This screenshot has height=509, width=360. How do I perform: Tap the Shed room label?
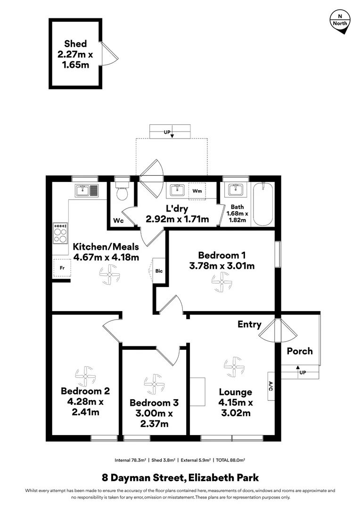[x=75, y=44]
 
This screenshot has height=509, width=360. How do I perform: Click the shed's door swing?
[x=107, y=54]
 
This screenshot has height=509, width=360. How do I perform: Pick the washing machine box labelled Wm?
[x=196, y=191]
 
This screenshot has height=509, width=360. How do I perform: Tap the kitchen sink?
[x=86, y=190]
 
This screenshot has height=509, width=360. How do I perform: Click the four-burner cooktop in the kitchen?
[x=60, y=233]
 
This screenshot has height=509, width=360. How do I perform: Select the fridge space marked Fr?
[x=61, y=268]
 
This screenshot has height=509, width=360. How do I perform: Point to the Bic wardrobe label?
[x=159, y=271]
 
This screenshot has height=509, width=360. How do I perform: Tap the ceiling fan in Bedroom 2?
[x=85, y=376]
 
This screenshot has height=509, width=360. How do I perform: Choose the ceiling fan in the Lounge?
[x=233, y=367]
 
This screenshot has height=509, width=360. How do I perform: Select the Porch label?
[x=300, y=351]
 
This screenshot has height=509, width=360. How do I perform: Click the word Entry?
[x=249, y=324]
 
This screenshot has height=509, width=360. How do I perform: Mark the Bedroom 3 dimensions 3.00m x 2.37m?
[x=154, y=419]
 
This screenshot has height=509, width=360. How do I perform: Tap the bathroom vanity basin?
[x=235, y=190]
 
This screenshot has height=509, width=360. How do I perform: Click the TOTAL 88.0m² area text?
[x=230, y=460]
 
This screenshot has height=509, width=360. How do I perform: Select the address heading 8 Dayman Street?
[x=180, y=478]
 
